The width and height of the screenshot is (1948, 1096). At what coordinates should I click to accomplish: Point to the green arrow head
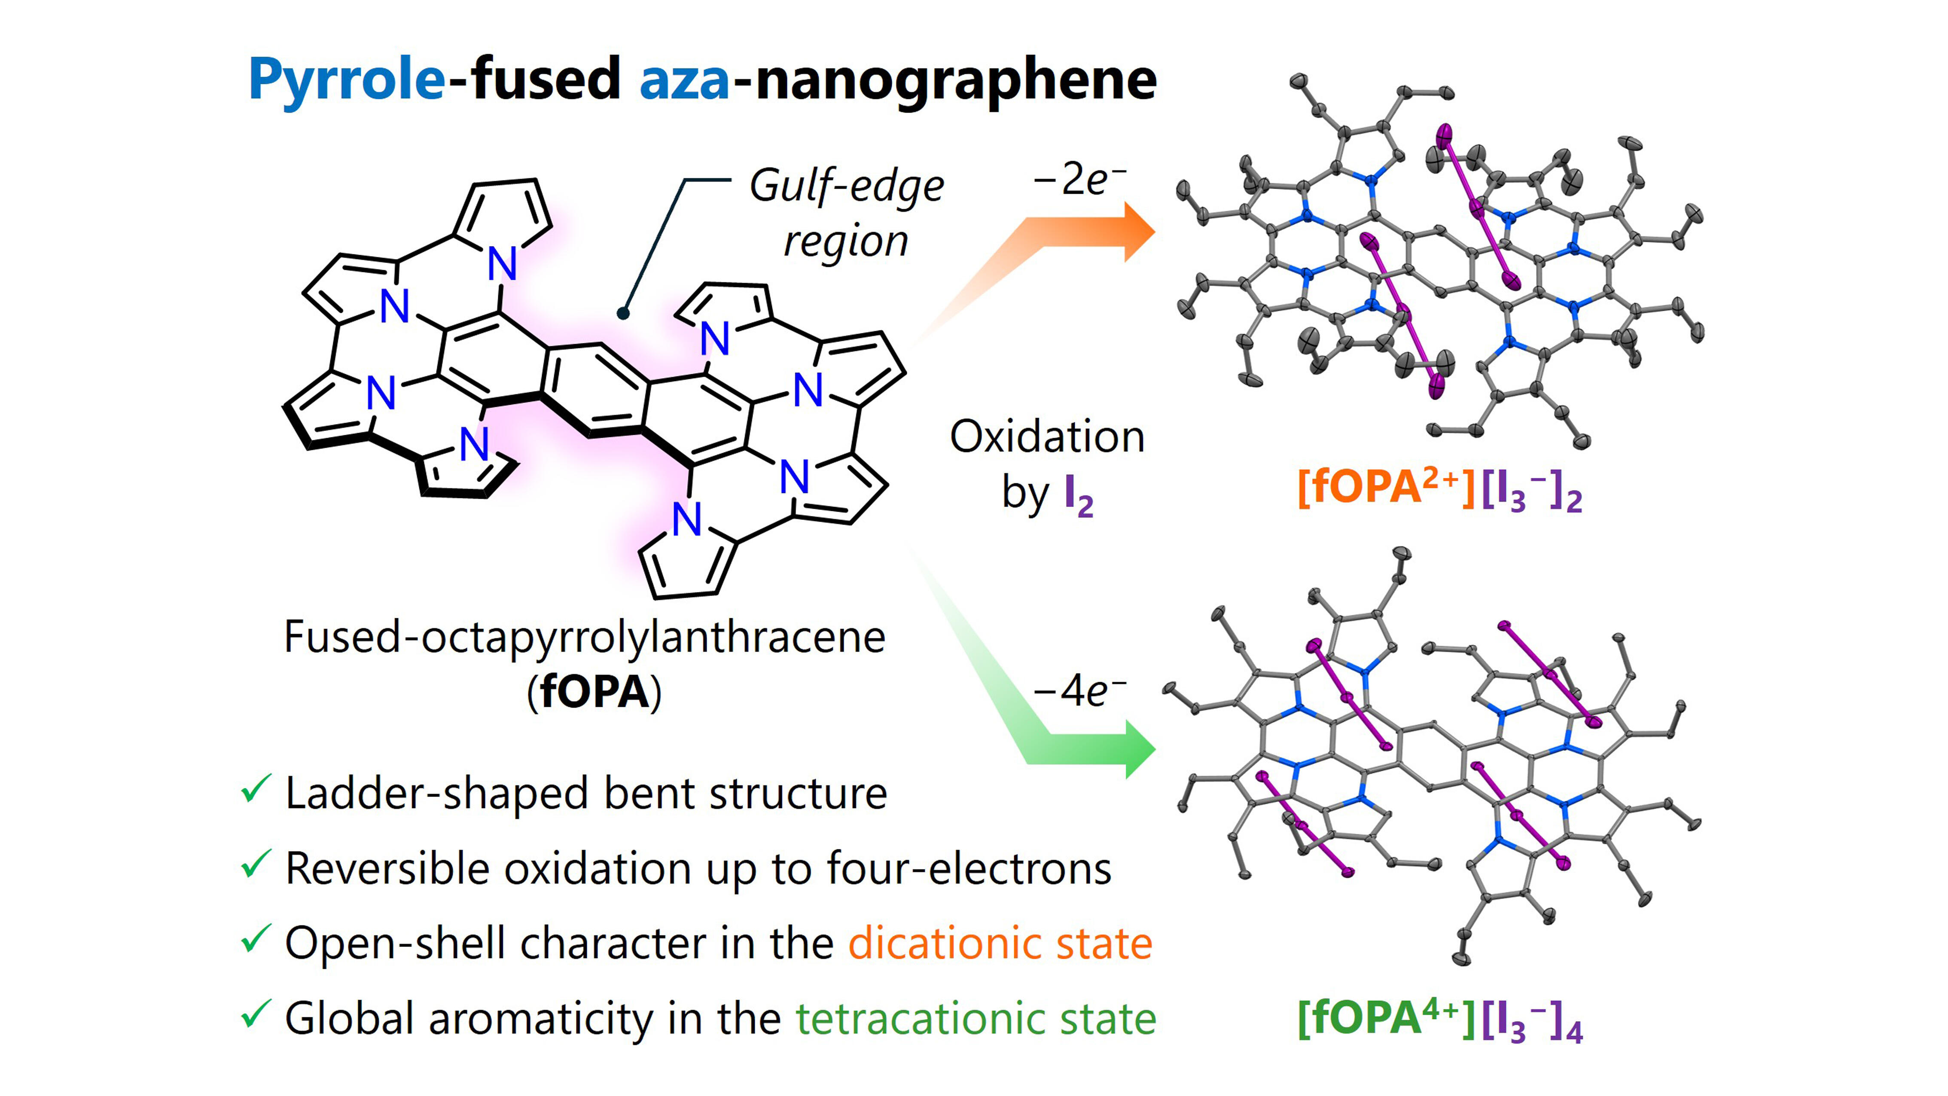click(1138, 749)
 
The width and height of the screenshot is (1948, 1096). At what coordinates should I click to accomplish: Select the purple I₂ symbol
click(1078, 495)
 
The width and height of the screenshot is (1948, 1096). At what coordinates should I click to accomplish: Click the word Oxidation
click(1047, 437)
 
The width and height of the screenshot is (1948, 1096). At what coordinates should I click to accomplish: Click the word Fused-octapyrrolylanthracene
click(584, 637)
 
